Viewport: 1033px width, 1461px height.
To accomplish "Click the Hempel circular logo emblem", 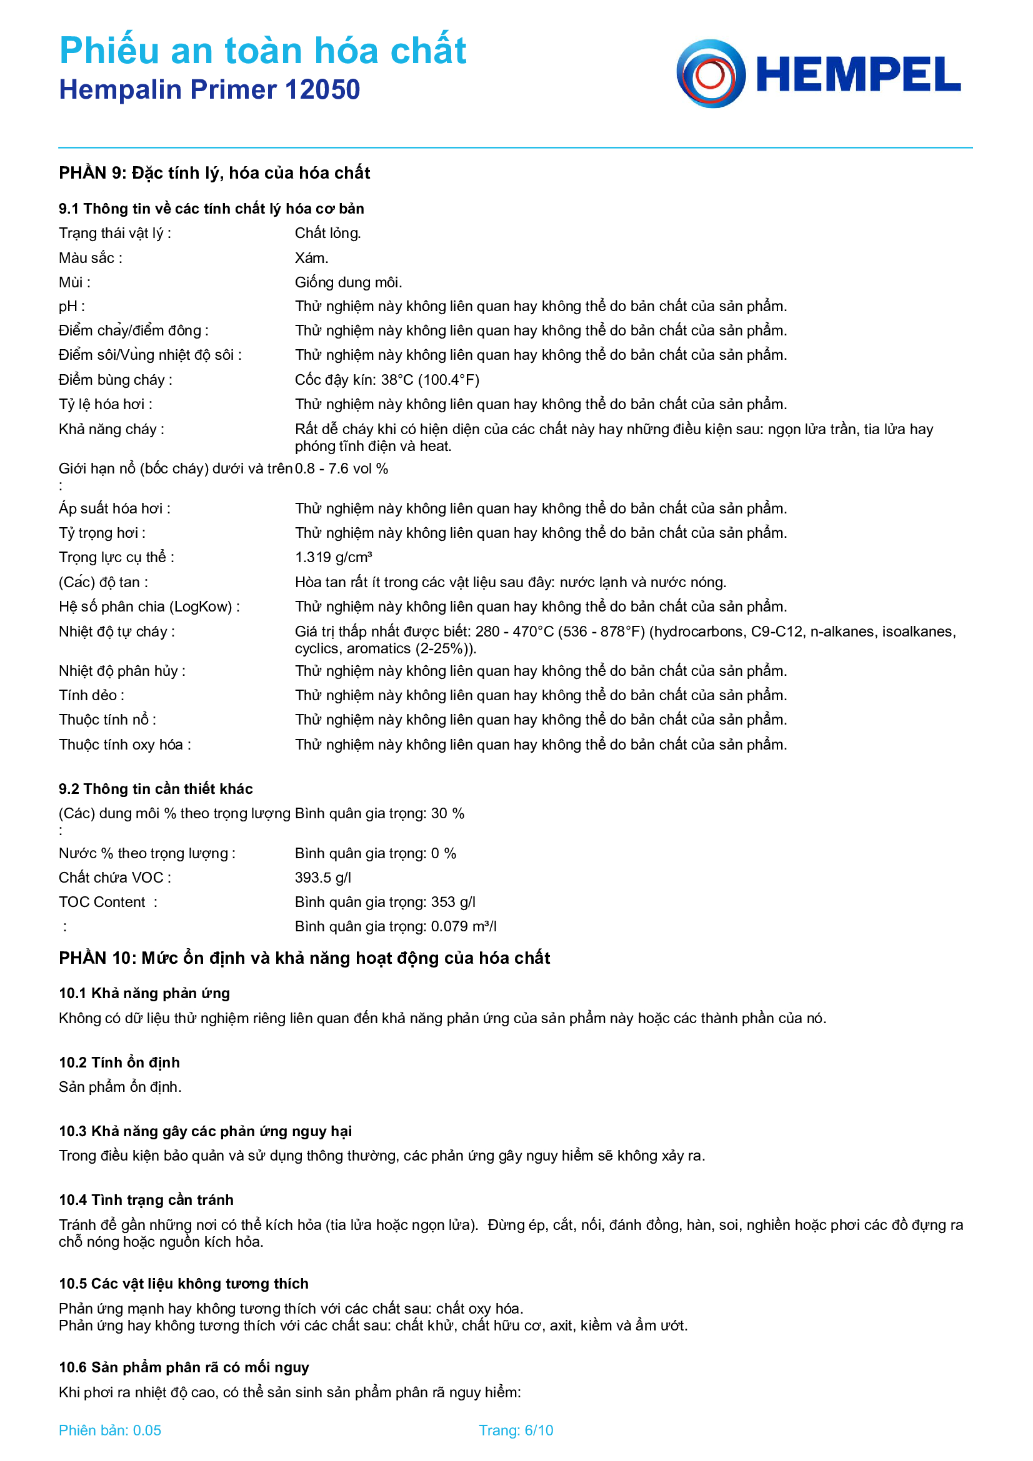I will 711,74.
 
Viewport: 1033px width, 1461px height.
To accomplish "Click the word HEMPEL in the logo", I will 858,75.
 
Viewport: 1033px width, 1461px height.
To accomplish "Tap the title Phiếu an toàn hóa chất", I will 263,50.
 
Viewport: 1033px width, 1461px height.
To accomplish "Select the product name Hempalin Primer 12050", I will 209,90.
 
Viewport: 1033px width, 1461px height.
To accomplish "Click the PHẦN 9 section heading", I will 214,173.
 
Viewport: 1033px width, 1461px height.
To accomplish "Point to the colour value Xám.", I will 311,258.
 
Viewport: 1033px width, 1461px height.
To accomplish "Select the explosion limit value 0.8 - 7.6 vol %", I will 342,469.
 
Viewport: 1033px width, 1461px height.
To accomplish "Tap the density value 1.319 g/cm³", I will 333,557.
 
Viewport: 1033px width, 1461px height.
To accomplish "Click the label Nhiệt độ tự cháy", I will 116,632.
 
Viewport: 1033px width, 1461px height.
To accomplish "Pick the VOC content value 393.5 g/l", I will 322,878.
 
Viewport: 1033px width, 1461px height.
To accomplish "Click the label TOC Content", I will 102,903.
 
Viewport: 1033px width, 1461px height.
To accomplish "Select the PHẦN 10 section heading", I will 304,958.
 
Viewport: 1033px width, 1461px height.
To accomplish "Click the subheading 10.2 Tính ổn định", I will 119,1062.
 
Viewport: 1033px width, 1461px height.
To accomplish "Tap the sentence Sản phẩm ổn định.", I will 120,1087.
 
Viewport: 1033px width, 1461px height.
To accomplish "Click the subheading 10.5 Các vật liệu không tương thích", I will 183,1284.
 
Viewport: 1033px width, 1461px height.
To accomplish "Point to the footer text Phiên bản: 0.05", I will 110,1430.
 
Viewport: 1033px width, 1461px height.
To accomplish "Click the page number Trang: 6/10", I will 516,1430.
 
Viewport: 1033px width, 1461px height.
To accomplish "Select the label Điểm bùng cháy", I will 115,380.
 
